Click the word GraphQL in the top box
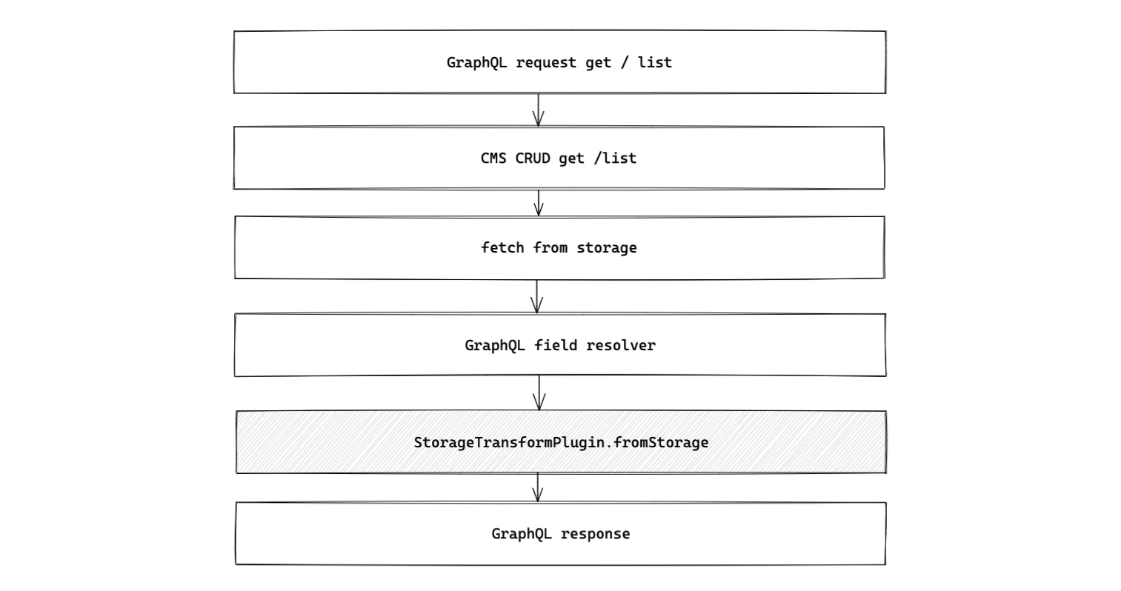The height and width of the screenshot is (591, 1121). (477, 63)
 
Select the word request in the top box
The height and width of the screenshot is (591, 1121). (546, 63)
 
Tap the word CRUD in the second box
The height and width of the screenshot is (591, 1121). (533, 158)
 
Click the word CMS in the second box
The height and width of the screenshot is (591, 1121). (493, 158)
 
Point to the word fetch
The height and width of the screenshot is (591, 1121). (502, 247)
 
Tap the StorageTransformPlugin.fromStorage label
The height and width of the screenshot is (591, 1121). (561, 443)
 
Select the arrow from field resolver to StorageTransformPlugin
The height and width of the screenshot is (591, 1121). (539, 393)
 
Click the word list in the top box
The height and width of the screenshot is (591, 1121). (655, 63)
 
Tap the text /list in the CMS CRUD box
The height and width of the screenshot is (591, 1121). (615, 158)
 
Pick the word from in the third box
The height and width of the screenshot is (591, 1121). (550, 247)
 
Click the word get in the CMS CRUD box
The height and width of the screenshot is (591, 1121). (571, 158)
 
